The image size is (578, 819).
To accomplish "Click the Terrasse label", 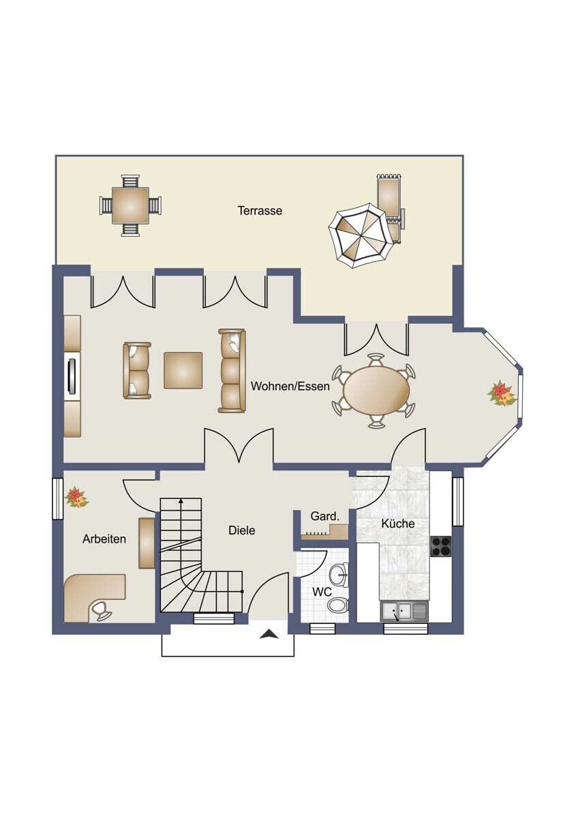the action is click(260, 211).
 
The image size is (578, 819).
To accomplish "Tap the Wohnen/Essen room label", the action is click(290, 386).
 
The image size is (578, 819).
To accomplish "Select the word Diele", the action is click(242, 530).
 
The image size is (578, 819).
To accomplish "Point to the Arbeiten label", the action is click(104, 539).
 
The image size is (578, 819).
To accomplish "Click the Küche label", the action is click(398, 523).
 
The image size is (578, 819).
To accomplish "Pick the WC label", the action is click(320, 602).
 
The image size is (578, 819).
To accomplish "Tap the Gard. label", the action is click(325, 516).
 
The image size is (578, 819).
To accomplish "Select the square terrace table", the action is click(130, 205).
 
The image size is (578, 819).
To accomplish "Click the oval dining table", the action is click(376, 390).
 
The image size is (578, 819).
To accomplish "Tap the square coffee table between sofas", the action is click(183, 371).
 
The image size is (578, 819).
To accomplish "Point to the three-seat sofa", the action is click(232, 371).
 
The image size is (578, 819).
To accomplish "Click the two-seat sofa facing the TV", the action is click(137, 371).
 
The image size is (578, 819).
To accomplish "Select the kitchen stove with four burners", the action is click(441, 546).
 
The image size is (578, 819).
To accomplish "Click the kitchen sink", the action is click(403, 612).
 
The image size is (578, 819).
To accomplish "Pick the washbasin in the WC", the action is click(339, 575).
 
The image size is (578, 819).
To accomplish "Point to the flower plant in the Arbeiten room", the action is click(76, 498).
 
